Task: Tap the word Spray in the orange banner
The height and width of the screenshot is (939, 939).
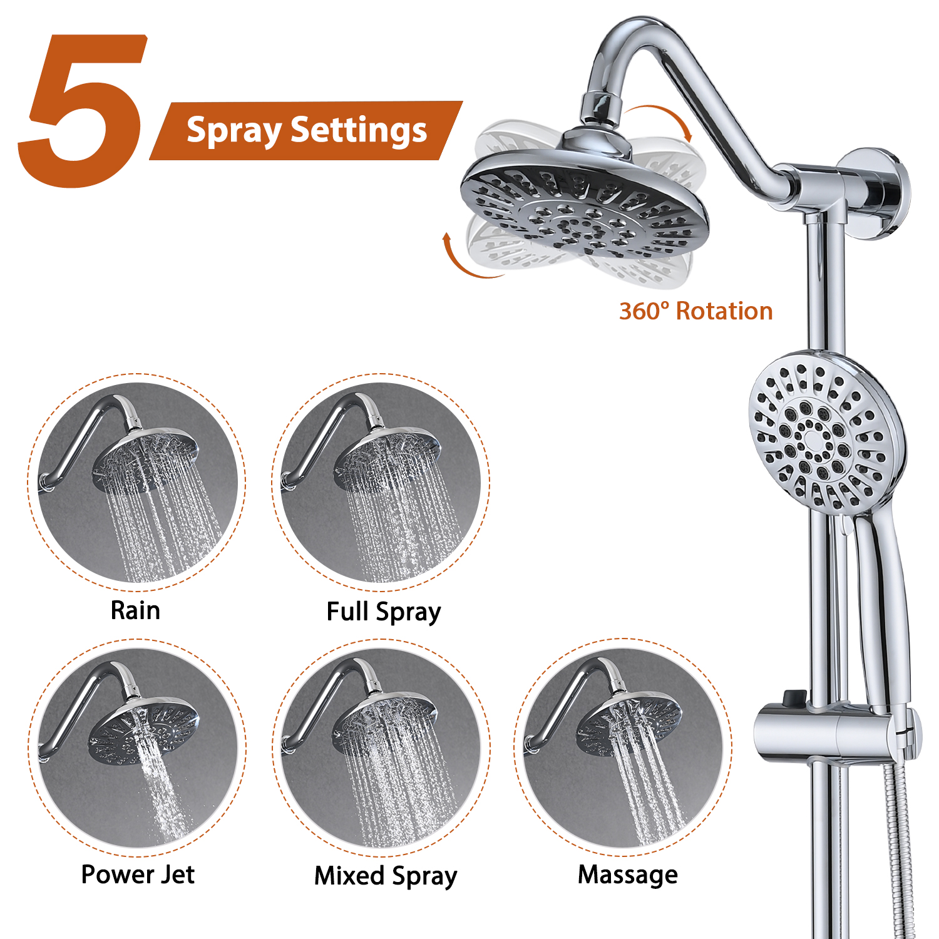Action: [233, 131]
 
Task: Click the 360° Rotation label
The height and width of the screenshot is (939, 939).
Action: [695, 311]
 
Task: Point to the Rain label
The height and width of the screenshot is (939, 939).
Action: [135, 610]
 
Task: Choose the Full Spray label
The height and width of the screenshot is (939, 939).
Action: [384, 612]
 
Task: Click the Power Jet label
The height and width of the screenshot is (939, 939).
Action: [138, 875]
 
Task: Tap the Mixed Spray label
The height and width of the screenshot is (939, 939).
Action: [386, 876]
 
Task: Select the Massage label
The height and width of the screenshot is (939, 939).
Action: [627, 875]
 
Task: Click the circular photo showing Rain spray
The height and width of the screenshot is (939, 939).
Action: [137, 483]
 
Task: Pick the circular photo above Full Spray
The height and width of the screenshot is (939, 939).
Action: [381, 483]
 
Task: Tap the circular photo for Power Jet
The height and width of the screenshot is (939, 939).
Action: [137, 748]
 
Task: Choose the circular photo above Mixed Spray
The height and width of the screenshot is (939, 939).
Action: [381, 748]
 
